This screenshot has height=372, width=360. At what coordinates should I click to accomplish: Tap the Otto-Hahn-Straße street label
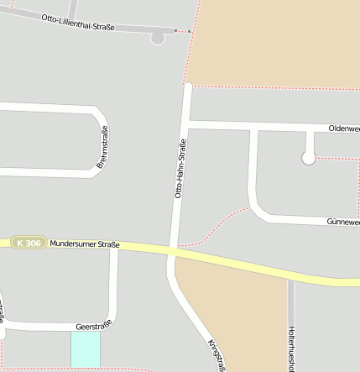tap(180, 168)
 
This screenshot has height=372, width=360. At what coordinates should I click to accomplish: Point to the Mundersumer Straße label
tap(85, 244)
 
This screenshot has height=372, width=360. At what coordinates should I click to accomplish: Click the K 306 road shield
tap(29, 243)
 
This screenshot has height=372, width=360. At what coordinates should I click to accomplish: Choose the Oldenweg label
tap(344, 128)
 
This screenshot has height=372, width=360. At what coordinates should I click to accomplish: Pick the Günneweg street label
tap(342, 222)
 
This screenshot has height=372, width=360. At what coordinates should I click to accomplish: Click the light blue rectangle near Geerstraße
tap(85, 348)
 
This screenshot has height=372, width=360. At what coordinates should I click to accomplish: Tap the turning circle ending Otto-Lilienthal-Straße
tap(158, 37)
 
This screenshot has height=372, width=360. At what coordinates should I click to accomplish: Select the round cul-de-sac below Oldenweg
tap(309, 158)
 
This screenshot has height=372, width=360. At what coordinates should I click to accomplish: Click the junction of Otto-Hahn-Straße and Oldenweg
tap(186, 125)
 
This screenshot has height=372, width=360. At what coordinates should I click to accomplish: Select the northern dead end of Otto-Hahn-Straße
tap(188, 86)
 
